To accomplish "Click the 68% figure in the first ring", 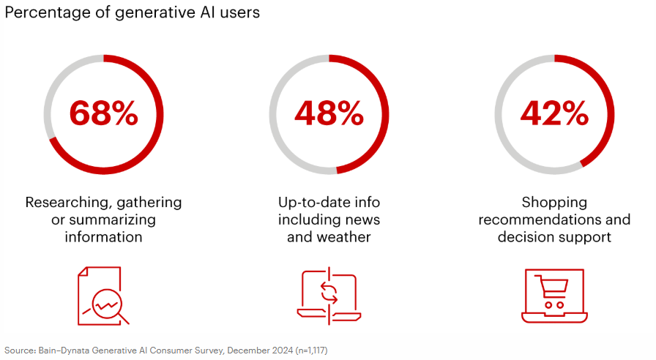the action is click(x=103, y=113).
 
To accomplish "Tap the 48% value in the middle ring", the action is click(x=329, y=113).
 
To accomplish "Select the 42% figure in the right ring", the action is click(x=554, y=113).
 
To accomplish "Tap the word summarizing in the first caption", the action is click(x=113, y=220).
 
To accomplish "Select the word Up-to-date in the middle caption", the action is click(x=308, y=203).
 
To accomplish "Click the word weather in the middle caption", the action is click(x=343, y=237).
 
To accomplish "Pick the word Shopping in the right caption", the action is click(x=554, y=203).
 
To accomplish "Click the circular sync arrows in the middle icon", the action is click(x=329, y=293).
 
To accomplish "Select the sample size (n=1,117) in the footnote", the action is click(x=311, y=350).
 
